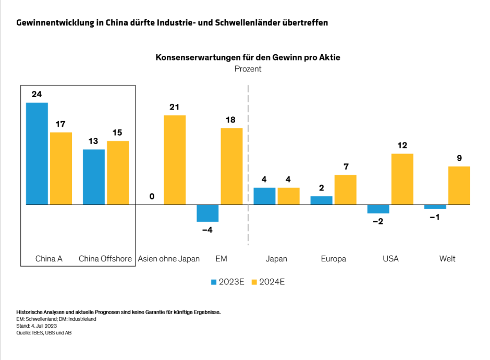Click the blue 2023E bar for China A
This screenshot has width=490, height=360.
(37, 153)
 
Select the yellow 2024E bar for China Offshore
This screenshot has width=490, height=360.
(118, 173)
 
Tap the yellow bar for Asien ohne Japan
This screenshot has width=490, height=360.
(175, 160)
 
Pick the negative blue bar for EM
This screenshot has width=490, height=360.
(207, 213)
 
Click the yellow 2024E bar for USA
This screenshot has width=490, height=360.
(402, 179)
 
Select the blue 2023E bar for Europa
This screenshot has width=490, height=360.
(321, 200)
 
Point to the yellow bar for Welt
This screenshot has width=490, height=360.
(459, 185)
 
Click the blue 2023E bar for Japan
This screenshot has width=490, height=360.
(264, 196)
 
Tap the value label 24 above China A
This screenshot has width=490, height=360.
(36, 94)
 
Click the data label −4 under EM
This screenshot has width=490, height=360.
(207, 230)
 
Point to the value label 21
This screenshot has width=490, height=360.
(175, 107)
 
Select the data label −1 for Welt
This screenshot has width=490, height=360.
(434, 217)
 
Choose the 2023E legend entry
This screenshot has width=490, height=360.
(227, 282)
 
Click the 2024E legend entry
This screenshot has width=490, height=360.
(268, 282)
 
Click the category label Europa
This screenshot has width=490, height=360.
(334, 259)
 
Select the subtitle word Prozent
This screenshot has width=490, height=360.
(248, 69)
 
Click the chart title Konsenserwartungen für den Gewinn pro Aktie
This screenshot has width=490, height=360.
(248, 57)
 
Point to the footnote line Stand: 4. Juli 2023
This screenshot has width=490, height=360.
(36, 326)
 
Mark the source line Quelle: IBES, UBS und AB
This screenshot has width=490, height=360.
(44, 332)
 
